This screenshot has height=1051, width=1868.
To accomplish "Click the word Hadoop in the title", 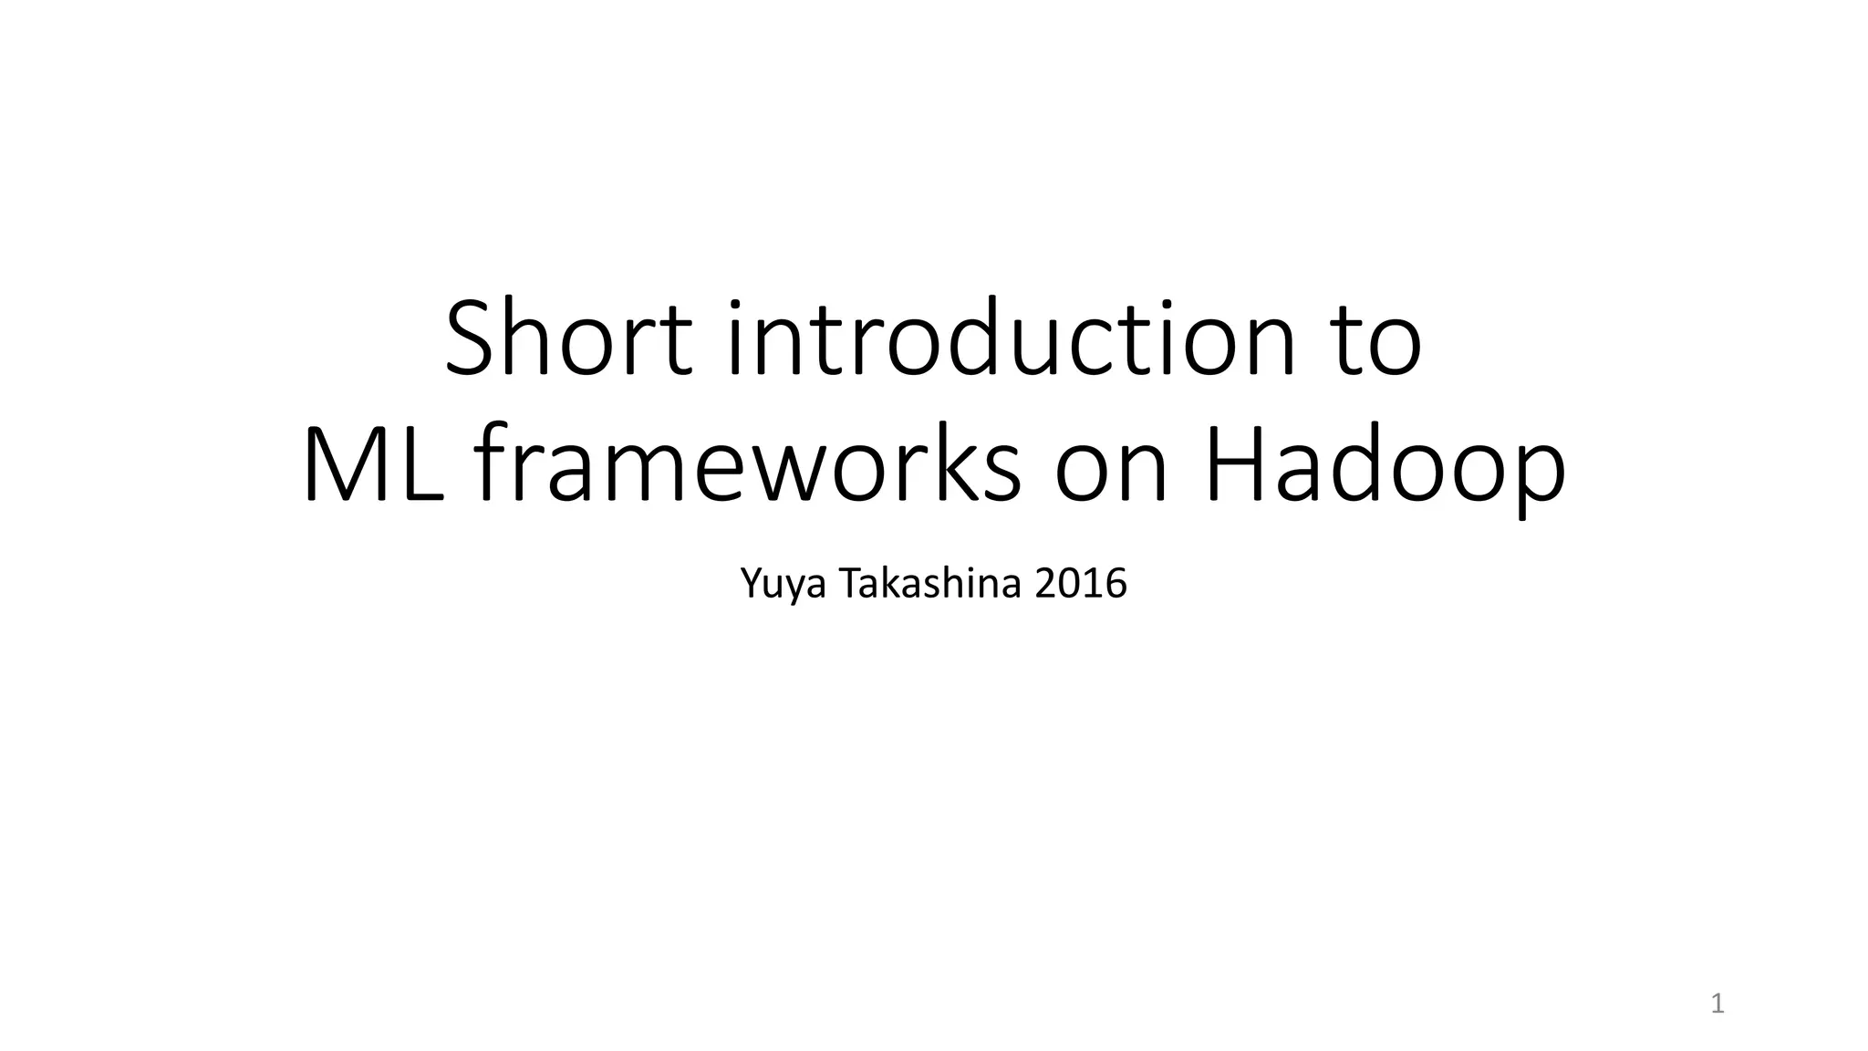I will pos(1385,467).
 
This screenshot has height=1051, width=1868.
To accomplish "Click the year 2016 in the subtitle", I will pos(1082,584).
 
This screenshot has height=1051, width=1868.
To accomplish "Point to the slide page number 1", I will pos(1718,1004).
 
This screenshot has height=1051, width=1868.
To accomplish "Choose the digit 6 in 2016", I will pos(1116,584).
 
